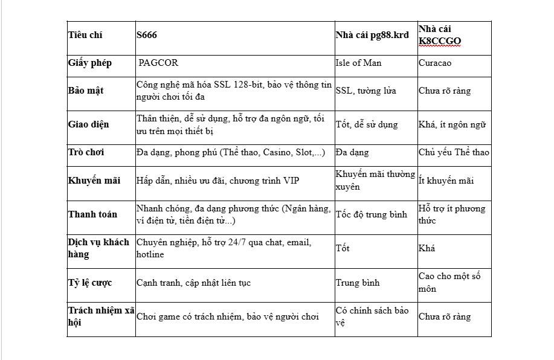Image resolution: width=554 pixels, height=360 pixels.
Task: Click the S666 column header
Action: (x=147, y=35)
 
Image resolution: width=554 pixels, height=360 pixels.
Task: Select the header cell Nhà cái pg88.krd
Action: (x=372, y=35)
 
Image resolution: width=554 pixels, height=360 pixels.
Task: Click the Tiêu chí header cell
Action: (x=85, y=35)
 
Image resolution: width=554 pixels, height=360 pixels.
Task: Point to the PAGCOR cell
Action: (x=158, y=63)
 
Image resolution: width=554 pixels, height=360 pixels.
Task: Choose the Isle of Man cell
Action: (x=358, y=63)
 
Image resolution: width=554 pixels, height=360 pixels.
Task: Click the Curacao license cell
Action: (x=435, y=63)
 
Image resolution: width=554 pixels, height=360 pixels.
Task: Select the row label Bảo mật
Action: (x=86, y=91)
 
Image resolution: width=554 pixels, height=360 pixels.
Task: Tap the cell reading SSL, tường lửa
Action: (x=366, y=91)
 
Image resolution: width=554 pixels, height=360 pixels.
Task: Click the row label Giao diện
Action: (x=89, y=124)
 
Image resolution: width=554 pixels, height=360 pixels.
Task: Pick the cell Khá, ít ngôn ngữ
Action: (x=452, y=124)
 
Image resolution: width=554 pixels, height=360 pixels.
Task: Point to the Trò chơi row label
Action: (x=86, y=152)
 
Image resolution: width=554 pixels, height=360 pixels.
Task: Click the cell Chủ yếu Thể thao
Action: (x=454, y=152)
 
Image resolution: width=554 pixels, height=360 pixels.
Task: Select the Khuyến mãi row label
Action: (x=94, y=181)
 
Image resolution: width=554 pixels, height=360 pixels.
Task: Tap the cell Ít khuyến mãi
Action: (x=446, y=181)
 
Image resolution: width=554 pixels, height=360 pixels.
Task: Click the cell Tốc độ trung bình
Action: (x=372, y=214)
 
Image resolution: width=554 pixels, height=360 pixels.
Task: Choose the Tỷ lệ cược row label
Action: (x=90, y=283)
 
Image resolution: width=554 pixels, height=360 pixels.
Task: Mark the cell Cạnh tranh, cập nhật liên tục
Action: (x=193, y=283)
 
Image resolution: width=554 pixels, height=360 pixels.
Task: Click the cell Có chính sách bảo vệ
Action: (x=372, y=317)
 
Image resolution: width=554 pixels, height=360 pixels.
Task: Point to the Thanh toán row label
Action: (x=92, y=214)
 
